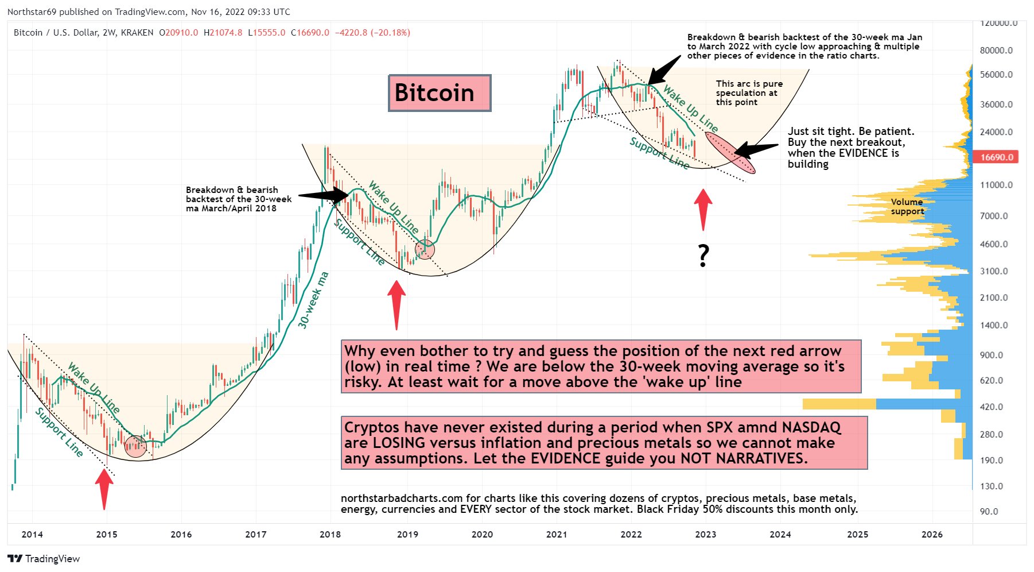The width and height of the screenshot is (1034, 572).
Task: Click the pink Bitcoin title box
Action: click(439, 93)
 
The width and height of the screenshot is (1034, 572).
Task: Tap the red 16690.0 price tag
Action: click(996, 157)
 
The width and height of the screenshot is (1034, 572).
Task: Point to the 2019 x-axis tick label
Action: click(407, 534)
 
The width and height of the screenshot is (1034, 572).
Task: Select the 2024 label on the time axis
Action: click(780, 534)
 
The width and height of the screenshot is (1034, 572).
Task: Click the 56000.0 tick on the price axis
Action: click(996, 75)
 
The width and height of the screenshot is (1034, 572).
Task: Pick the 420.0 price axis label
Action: click(992, 407)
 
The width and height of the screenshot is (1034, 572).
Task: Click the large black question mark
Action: click(703, 256)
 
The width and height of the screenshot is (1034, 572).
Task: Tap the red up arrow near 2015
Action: click(104, 488)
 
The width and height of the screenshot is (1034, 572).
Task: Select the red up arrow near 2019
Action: click(397, 304)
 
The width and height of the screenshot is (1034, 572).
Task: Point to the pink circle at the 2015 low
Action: click(136, 446)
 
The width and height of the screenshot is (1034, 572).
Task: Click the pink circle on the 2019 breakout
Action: click(425, 249)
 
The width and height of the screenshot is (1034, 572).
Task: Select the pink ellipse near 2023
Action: click(730, 152)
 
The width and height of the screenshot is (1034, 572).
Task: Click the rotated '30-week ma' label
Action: click(313, 300)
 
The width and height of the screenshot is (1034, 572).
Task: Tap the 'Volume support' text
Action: click(907, 207)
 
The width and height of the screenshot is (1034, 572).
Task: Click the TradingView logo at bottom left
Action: click(44, 559)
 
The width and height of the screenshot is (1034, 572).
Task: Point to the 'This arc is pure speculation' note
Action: click(749, 92)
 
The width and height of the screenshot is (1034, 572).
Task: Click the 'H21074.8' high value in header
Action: click(223, 33)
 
